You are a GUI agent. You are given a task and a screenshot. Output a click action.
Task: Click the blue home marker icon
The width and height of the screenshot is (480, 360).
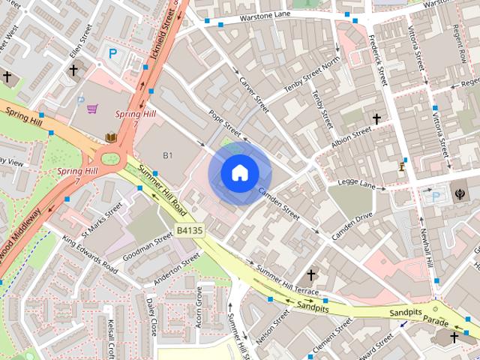(239, 173)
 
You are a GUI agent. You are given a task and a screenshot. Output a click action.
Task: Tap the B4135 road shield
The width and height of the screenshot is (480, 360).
(190, 231)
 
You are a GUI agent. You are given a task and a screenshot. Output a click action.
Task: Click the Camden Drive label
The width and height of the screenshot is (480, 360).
(352, 226)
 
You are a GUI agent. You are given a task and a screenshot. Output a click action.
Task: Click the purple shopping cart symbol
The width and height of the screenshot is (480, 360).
(92, 109)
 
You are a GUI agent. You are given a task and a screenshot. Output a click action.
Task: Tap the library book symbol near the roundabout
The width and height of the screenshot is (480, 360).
(111, 137)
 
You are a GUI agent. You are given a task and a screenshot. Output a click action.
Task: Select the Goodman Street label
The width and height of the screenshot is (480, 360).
(153, 247)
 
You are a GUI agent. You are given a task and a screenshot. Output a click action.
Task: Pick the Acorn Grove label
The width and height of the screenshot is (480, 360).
(199, 304)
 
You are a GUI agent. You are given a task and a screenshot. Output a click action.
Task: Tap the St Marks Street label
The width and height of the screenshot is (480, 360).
(101, 218)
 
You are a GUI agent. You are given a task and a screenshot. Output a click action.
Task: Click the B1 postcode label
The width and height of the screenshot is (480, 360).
(168, 155)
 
